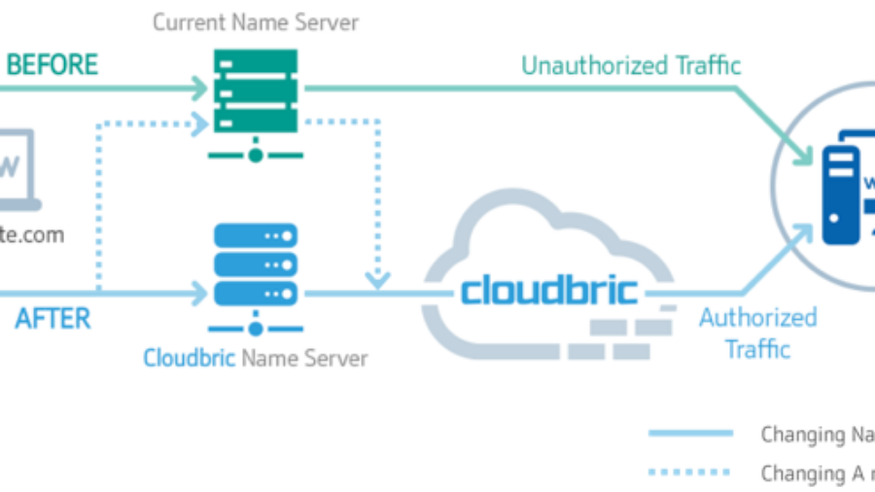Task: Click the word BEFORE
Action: coord(52,65)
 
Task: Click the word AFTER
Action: coord(52,319)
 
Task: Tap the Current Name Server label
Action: coord(256,22)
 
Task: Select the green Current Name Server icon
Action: coord(255,92)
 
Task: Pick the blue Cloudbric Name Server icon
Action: coord(255,264)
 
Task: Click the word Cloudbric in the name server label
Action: coord(190,358)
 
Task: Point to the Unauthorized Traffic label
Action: coord(631,66)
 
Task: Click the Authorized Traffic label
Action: coord(757,333)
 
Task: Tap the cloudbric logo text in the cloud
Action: coord(549,289)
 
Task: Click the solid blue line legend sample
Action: coord(691,433)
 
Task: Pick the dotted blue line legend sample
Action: coord(689,473)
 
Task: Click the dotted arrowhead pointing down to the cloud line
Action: coord(378,280)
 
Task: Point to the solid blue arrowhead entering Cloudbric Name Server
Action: coord(200,291)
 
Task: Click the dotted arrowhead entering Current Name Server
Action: coord(200,123)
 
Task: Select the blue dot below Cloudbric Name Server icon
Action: coord(255,327)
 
